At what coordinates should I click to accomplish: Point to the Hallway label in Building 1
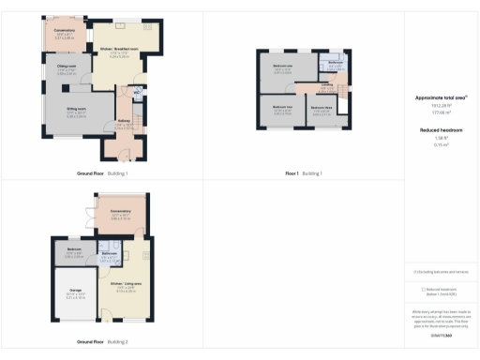[123, 121]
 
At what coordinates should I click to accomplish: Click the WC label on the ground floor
[137, 92]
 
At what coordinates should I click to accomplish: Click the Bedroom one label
[283, 66]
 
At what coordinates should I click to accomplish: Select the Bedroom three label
[322, 108]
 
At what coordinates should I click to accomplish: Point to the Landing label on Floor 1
[327, 85]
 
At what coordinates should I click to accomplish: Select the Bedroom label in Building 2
[75, 249]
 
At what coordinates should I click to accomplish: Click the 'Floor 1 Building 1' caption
[303, 173]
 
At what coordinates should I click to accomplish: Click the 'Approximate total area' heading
[441, 97]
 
